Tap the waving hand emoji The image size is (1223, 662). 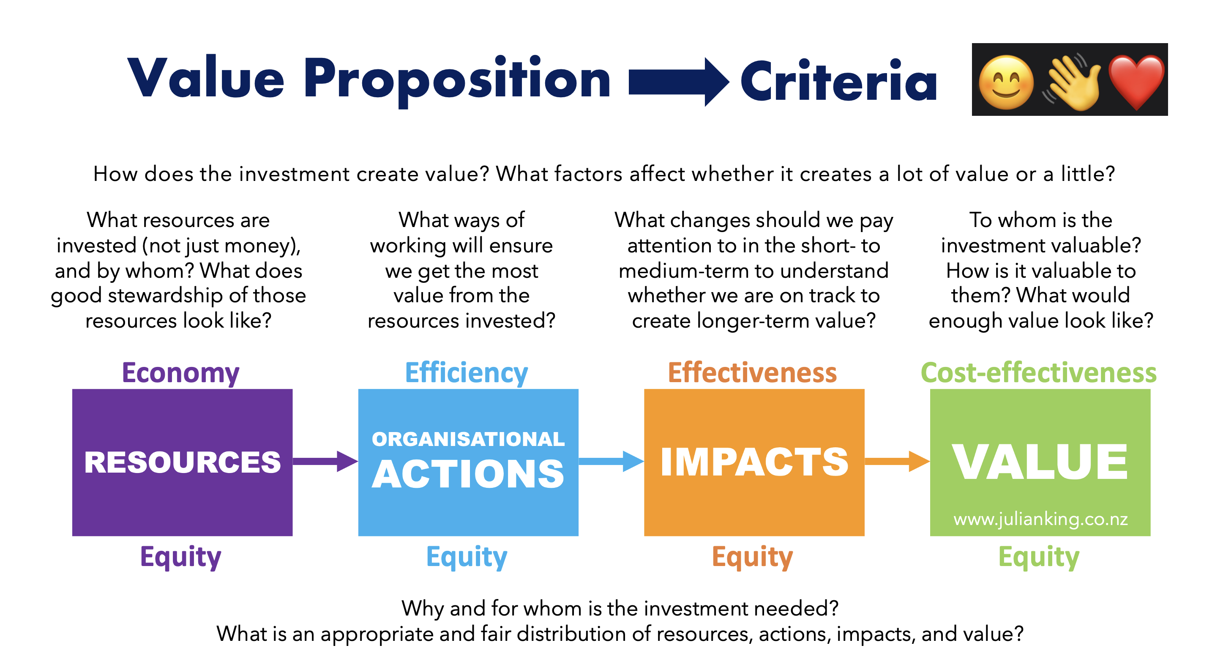click(x=1072, y=82)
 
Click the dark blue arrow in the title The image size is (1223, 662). click(x=679, y=82)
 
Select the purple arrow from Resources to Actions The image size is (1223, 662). click(x=325, y=461)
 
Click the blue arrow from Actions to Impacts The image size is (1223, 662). click(x=611, y=461)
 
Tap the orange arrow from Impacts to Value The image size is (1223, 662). click(x=897, y=461)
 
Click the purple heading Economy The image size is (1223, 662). click(x=180, y=373)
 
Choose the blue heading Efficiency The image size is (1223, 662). click(x=466, y=373)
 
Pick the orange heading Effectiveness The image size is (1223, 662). click(x=752, y=373)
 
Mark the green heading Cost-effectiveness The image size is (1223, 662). click(x=1039, y=373)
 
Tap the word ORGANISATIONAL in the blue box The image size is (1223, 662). click(x=468, y=439)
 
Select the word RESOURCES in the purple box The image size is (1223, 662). click(x=182, y=462)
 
